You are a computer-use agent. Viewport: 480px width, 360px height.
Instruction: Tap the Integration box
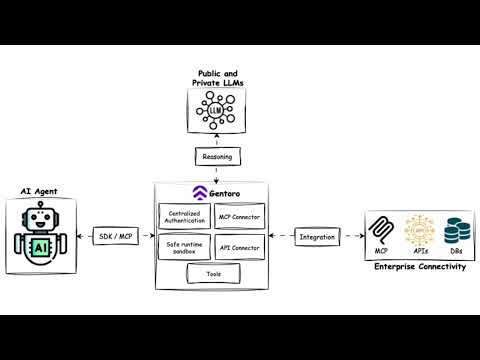click(x=317, y=237)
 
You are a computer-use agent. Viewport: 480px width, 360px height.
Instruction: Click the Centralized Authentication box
click(x=184, y=216)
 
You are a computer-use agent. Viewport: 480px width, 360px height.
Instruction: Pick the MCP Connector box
click(x=240, y=216)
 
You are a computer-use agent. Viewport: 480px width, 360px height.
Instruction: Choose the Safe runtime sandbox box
click(x=184, y=246)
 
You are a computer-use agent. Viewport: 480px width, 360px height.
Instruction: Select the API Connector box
click(x=240, y=246)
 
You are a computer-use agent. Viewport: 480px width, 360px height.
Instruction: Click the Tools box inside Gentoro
click(x=212, y=273)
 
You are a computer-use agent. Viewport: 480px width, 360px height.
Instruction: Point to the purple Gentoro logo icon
click(x=198, y=192)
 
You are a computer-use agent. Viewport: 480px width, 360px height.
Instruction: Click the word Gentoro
click(x=225, y=192)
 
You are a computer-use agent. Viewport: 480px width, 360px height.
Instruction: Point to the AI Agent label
click(x=40, y=190)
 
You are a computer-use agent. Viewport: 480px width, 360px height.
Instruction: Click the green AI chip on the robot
click(x=41, y=247)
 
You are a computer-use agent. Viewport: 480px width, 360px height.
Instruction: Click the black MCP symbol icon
click(x=382, y=231)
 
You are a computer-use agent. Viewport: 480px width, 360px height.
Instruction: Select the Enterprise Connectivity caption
click(x=419, y=267)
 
